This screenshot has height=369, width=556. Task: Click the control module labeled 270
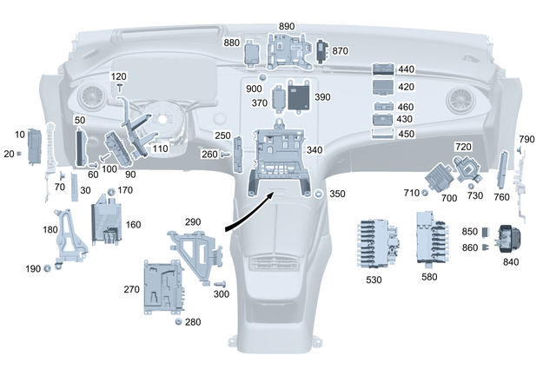pos(165,286)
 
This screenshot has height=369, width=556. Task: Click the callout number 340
pos(314,150)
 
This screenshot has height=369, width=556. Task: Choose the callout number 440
pos(406,69)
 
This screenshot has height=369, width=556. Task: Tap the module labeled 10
pos(36,146)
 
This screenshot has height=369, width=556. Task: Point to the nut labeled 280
pos(178,323)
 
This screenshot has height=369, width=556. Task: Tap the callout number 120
pos(119,76)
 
